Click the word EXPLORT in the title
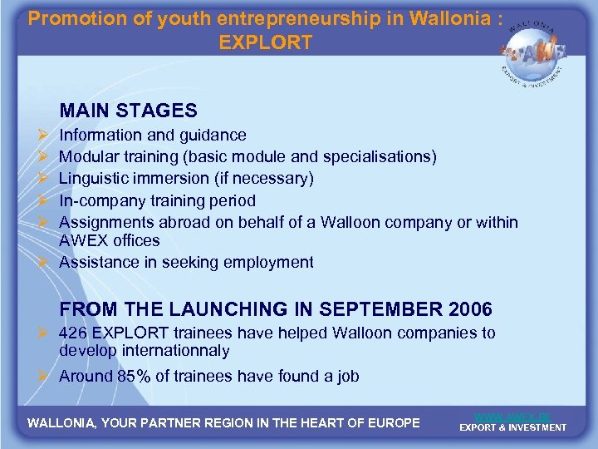coord(266,42)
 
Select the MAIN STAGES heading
coord(129,111)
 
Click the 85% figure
coord(134,376)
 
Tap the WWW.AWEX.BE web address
coord(512,416)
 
